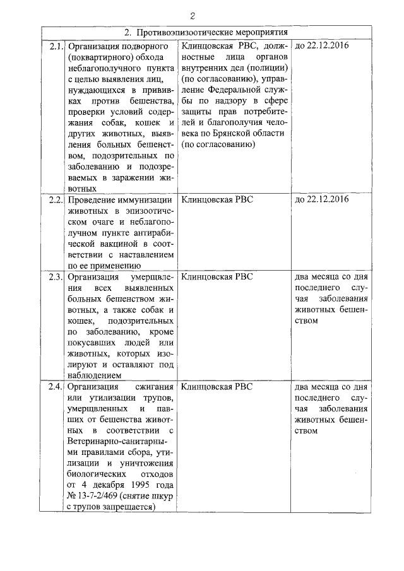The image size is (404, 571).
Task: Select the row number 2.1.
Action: tap(56, 46)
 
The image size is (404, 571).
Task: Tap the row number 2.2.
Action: tap(56, 199)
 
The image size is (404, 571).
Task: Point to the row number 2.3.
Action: tap(56, 276)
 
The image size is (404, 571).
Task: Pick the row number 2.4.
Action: tap(56, 386)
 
